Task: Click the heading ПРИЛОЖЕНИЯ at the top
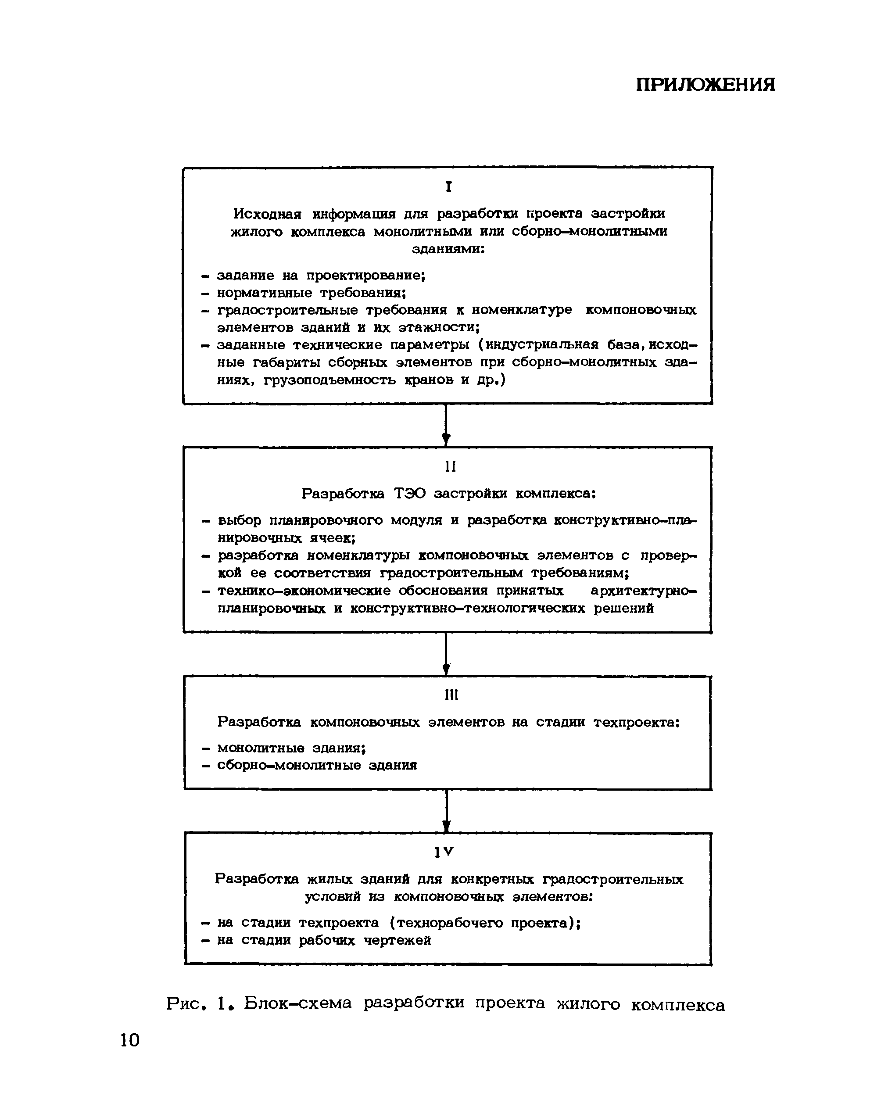tap(705, 85)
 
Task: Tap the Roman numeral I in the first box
tap(449, 187)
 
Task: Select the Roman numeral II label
tap(450, 466)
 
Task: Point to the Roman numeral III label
tap(451, 695)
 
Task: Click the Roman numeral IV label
tap(444, 852)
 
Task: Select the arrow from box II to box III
tap(447, 654)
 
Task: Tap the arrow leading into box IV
tap(447, 811)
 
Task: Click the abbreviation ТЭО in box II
tap(410, 494)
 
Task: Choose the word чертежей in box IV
tap(397, 940)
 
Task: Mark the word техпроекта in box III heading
tap(637, 722)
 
